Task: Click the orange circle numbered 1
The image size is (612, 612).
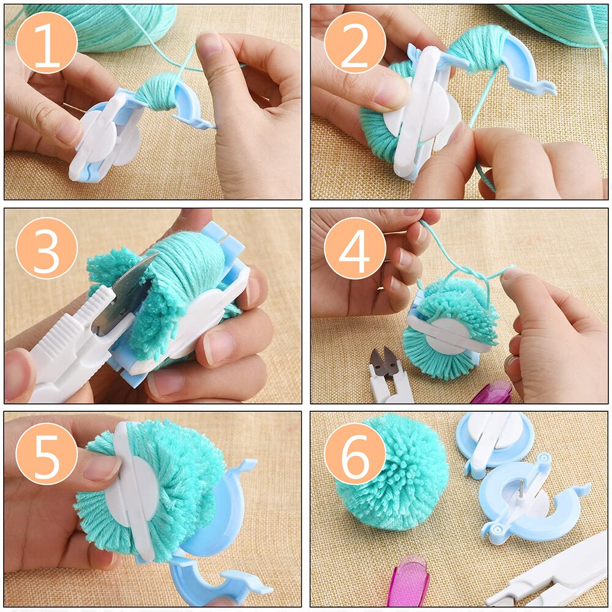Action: tap(47, 42)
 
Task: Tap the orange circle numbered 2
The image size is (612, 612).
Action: tap(355, 42)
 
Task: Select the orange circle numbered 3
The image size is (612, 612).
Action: tap(47, 248)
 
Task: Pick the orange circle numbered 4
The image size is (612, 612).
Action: tap(355, 248)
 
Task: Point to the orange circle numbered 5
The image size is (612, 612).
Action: tap(47, 453)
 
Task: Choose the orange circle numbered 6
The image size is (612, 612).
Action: tap(355, 453)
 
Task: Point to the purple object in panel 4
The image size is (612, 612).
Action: tap(492, 392)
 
